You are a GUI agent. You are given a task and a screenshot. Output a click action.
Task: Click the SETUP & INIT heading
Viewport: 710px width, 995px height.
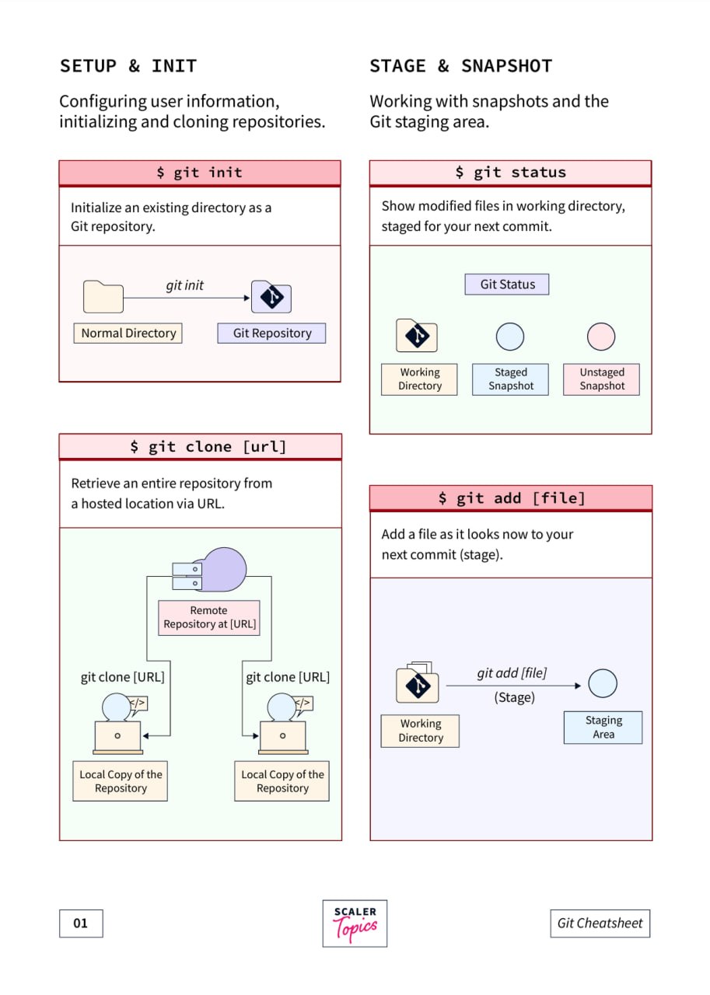point(128,66)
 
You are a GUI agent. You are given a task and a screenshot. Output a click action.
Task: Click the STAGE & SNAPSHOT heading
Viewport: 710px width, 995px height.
point(460,66)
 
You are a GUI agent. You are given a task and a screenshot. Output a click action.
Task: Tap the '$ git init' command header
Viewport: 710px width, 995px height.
point(200,173)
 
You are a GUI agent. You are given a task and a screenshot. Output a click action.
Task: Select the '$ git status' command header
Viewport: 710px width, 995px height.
point(510,173)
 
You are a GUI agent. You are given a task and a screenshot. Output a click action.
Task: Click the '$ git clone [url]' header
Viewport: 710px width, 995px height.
point(201,446)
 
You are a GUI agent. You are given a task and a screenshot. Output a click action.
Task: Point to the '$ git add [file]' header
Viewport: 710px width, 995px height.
point(511,497)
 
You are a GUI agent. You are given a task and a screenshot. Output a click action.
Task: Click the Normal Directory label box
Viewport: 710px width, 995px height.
point(128,333)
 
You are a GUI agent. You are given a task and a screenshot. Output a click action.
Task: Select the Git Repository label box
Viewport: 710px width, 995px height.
point(271,333)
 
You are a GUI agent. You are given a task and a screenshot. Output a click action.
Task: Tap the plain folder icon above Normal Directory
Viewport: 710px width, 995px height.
point(103,296)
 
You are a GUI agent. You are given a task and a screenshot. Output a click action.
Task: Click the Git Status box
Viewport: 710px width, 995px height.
point(507,285)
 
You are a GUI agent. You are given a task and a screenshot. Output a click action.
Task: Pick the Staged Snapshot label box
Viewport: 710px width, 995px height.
point(510,379)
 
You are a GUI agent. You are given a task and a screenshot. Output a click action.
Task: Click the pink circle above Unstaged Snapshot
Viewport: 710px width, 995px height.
point(601,337)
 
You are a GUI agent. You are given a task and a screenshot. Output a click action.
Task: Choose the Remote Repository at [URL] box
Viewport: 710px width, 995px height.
point(209,618)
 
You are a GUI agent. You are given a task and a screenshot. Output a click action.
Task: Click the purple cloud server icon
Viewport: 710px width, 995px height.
point(210,570)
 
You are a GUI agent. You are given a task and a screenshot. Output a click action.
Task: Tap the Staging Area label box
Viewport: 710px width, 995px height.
point(603,727)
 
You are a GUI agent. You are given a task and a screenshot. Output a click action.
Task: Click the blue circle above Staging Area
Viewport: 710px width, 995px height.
point(603,683)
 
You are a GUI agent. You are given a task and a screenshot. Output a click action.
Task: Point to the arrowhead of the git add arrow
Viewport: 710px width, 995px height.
point(578,686)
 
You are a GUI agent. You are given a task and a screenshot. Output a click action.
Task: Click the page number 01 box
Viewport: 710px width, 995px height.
point(81,923)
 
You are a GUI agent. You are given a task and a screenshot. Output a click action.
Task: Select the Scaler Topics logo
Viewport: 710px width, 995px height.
point(355,923)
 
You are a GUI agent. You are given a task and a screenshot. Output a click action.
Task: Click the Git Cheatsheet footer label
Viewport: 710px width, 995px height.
point(600,923)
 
